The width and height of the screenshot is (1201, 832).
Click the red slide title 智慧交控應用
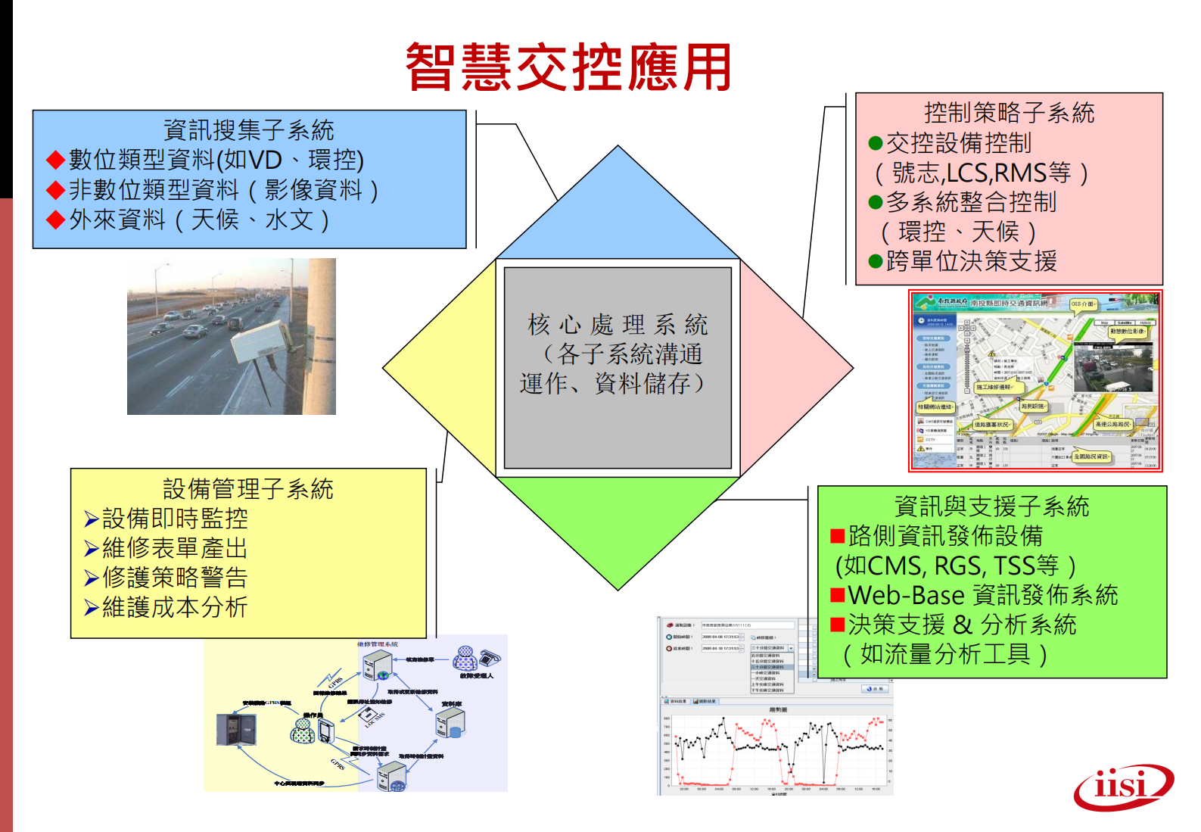point(568,67)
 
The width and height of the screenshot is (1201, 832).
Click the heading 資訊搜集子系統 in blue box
point(248,130)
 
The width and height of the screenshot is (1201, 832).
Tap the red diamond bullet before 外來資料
point(55,220)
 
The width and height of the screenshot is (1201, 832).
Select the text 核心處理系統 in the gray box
point(618,325)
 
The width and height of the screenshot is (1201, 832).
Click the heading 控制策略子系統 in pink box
point(1009,113)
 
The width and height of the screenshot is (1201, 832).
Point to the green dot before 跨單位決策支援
point(876,262)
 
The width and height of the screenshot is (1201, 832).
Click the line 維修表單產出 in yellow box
point(175,548)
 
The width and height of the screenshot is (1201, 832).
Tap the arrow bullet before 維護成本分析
point(91,608)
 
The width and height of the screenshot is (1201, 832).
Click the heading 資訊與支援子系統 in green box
point(991,506)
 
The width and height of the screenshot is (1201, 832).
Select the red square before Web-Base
point(837,595)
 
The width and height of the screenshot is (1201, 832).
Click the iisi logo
point(1123,787)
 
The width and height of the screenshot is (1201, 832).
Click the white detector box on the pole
point(258,342)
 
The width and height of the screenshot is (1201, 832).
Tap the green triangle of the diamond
point(618,522)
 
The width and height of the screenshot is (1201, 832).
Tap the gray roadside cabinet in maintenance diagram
point(236,729)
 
